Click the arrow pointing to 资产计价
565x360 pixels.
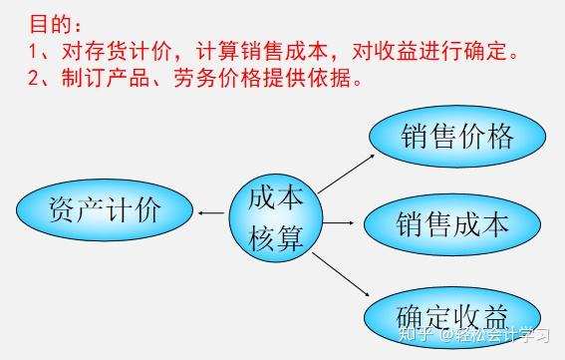coord(210,212)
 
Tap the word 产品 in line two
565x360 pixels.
coord(135,77)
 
